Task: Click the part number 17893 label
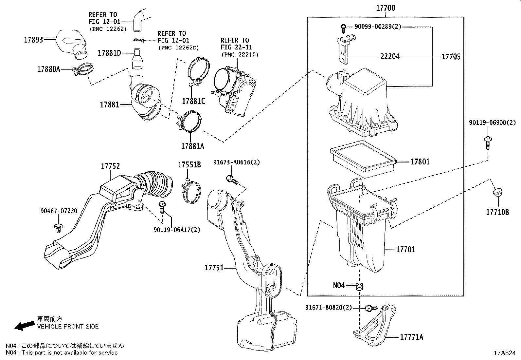pos(33,40)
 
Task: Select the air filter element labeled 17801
pos(363,159)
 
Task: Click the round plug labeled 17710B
pos(498,193)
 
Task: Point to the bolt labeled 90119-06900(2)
pos(487,142)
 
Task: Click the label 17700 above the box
pos(385,8)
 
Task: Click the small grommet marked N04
pos(360,286)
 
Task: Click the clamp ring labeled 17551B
pos(191,191)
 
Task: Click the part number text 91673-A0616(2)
pos(236,162)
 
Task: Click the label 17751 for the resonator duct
pos(214,268)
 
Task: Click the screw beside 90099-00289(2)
pos(343,28)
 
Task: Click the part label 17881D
pos(109,53)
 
